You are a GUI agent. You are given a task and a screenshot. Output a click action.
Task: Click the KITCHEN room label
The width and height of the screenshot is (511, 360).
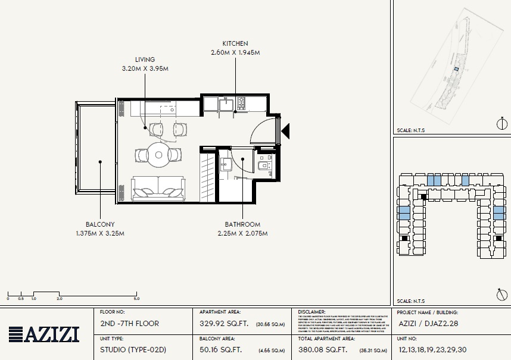(235, 43)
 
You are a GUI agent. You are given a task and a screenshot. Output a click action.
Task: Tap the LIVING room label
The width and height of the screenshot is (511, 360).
(145, 60)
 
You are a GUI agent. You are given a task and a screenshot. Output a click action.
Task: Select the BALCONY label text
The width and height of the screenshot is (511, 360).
(100, 224)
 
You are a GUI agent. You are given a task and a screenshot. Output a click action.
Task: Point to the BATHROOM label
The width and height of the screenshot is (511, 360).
(242, 224)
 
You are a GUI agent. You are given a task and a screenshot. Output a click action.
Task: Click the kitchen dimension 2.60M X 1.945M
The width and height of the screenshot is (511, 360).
(235, 52)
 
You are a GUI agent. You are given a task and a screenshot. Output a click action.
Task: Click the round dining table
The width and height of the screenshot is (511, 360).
(159, 155)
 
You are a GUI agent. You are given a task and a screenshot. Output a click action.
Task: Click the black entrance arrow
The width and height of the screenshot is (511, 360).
(285, 130)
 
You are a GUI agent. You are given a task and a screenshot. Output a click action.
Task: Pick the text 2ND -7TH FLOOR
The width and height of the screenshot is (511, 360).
(130, 324)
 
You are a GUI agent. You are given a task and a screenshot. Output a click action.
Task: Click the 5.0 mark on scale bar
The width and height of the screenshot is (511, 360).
(136, 298)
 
